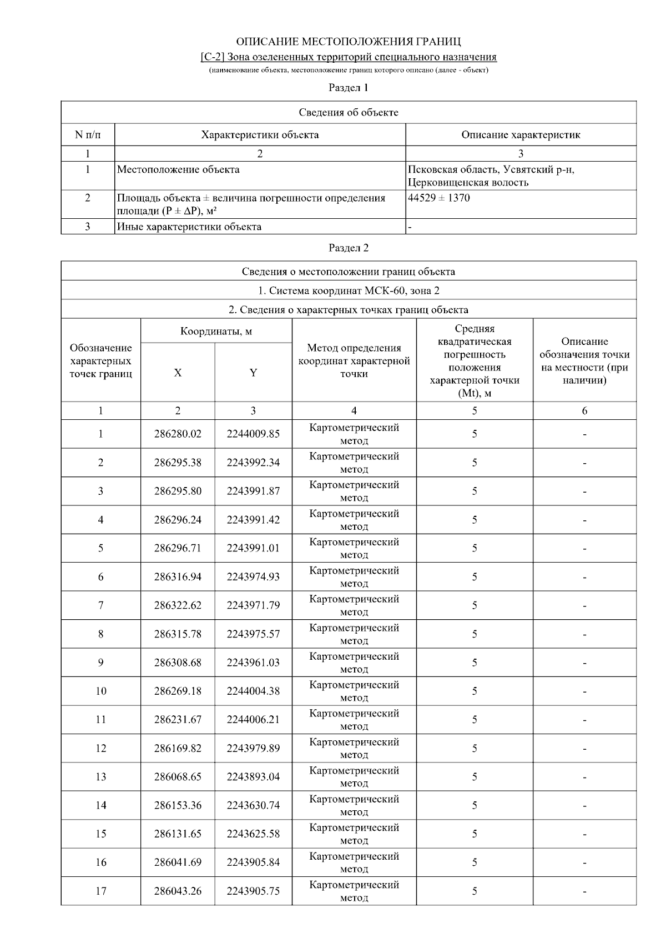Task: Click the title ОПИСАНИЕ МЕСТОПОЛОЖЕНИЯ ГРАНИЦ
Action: click(349, 42)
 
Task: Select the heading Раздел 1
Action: click(349, 88)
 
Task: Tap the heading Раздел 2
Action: click(349, 248)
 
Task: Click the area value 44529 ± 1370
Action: click(438, 198)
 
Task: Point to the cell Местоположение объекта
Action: click(178, 169)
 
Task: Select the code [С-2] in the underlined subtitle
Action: click(213, 57)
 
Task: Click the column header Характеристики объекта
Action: click(260, 135)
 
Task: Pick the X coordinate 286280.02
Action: click(178, 434)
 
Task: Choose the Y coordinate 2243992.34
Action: click(253, 463)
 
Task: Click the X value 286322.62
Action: click(178, 605)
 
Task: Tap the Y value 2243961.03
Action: click(253, 663)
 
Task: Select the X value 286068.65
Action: click(178, 777)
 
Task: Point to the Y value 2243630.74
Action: click(253, 805)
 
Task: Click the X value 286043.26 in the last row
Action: click(178, 891)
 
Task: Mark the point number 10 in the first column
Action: click(100, 691)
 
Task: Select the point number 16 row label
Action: click(100, 862)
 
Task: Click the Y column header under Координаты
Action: click(253, 373)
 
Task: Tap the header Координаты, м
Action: click(216, 332)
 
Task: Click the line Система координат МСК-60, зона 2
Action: click(349, 290)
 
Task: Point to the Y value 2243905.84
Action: click(253, 862)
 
